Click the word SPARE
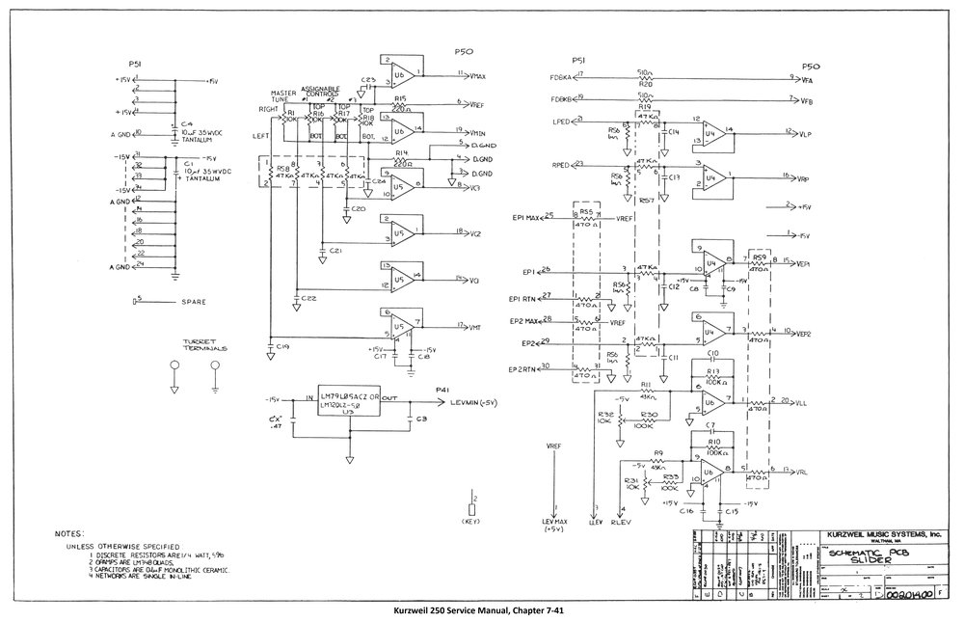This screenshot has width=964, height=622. tap(194, 302)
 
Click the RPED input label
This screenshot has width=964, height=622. tap(562, 165)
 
